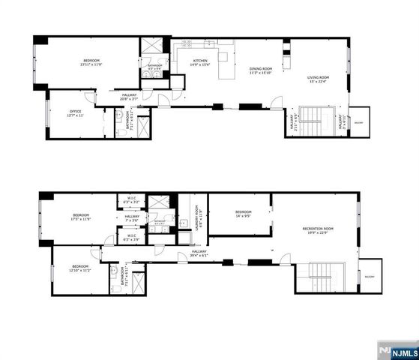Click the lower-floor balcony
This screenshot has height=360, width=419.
click(369, 277)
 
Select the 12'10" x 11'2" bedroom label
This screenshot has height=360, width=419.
click(80, 268)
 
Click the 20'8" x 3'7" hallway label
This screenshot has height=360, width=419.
click(129, 97)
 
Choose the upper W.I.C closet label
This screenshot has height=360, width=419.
click(131, 201)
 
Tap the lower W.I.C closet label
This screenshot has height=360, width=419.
click(131, 238)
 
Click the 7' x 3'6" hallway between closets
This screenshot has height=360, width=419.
click(132, 218)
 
